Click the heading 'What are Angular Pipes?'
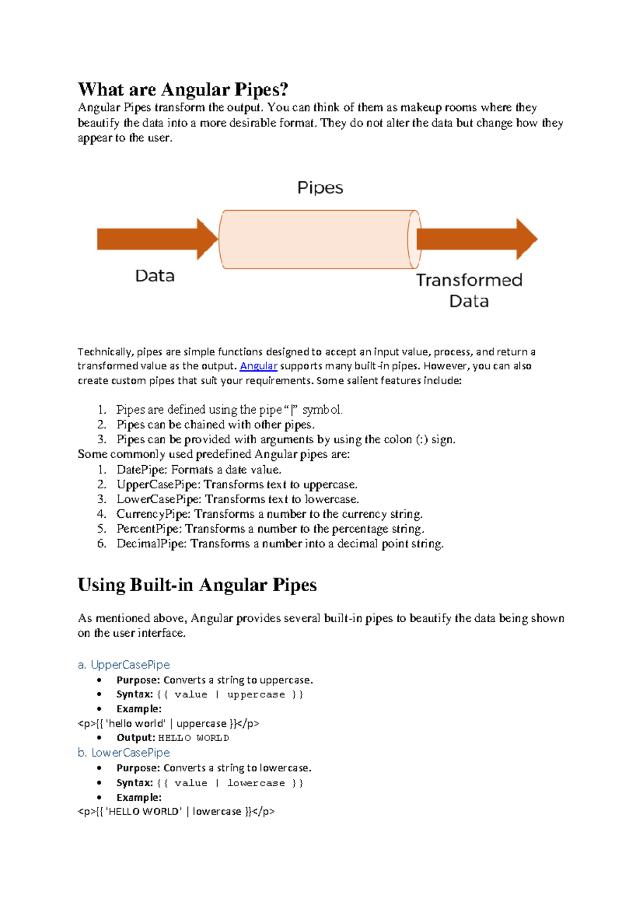pyautogui.click(x=183, y=89)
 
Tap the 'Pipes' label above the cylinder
pyautogui.click(x=320, y=188)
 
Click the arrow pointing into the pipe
pyautogui.click(x=155, y=239)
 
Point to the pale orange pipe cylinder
pyautogui.click(x=319, y=240)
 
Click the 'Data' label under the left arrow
pyautogui.click(x=155, y=276)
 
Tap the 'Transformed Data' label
pyautogui.click(x=469, y=290)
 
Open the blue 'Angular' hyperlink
pyautogui.click(x=258, y=366)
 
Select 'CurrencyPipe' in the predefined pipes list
pyautogui.click(x=153, y=515)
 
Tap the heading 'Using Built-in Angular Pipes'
pyautogui.click(x=197, y=585)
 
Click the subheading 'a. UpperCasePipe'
pyautogui.click(x=124, y=665)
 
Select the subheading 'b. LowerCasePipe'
pyautogui.click(x=124, y=752)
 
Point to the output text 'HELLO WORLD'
pyautogui.click(x=193, y=738)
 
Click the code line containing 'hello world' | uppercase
pyautogui.click(x=168, y=724)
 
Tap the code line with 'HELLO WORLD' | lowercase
pyautogui.click(x=176, y=811)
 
